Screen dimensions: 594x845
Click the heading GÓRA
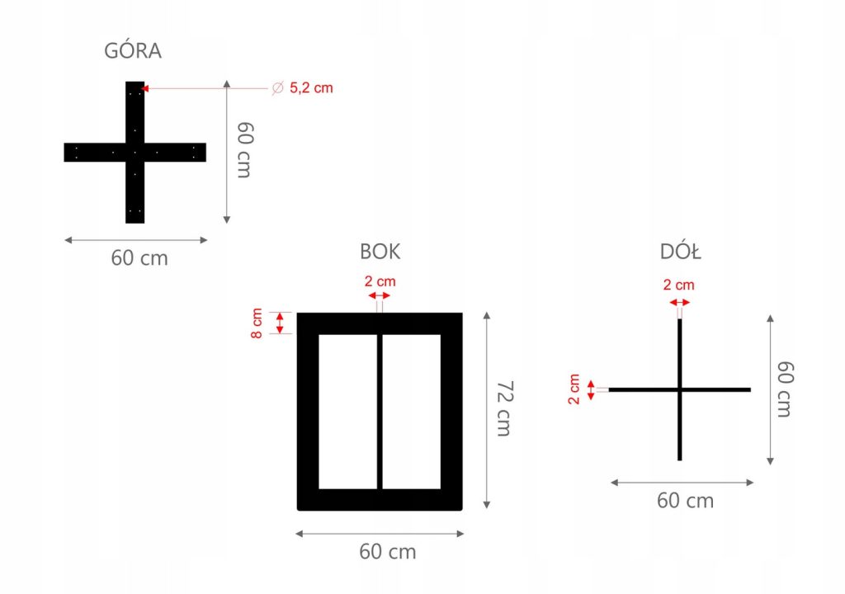(x=133, y=51)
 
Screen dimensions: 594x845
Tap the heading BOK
(x=380, y=251)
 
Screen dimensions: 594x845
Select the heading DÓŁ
(x=681, y=251)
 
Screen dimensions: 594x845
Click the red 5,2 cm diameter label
(x=311, y=87)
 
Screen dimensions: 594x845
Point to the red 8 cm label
(x=257, y=323)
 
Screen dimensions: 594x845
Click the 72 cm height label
(x=505, y=410)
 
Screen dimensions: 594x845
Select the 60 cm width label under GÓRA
(x=139, y=257)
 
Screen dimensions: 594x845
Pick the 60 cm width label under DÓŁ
(x=685, y=500)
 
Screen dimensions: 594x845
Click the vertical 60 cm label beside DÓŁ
(x=784, y=389)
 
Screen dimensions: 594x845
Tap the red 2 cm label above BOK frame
(x=380, y=281)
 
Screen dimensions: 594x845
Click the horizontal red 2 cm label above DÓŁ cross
(x=678, y=285)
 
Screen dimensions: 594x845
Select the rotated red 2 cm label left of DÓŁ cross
(x=574, y=389)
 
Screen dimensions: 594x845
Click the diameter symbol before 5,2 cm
(x=277, y=87)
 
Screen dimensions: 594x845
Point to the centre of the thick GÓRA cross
(x=135, y=152)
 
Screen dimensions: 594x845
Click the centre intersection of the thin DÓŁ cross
(x=679, y=389)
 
